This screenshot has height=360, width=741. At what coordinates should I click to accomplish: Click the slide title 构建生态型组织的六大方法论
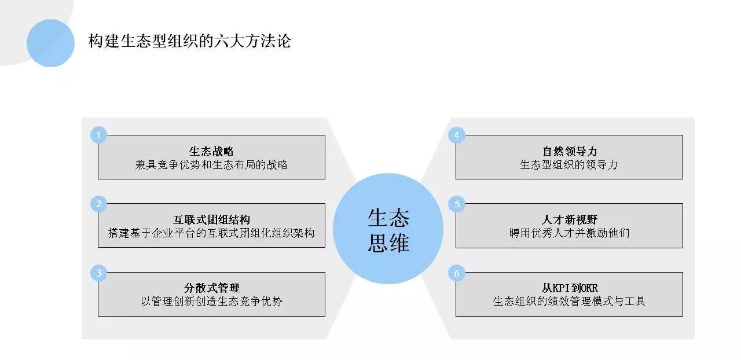pos(189,42)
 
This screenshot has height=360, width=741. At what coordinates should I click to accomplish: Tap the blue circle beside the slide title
pos(51,43)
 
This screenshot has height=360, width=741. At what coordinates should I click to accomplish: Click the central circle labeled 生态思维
pos(388,229)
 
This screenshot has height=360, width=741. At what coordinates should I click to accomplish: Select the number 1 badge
pos(99,135)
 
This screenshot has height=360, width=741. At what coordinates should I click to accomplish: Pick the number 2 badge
pos(99,204)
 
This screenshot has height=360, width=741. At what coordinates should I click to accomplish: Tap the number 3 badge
pos(99,273)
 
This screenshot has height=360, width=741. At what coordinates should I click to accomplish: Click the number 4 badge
pos(457,135)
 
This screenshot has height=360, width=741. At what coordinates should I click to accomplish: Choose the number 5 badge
pos(457,204)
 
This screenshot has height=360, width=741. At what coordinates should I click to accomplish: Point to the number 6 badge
pos(457,273)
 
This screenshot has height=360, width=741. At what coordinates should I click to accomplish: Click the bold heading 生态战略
pos(211,152)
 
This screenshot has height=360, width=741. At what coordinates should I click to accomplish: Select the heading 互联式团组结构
pos(211,220)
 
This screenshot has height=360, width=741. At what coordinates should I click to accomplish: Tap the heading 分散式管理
pos(211,288)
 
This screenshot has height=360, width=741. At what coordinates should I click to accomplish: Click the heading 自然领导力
pos(569,152)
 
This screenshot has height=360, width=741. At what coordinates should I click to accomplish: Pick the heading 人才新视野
pos(569,220)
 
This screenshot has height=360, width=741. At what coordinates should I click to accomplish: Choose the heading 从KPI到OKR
pos(569,288)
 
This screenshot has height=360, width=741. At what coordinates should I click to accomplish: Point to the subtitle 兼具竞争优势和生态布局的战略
pos(211,165)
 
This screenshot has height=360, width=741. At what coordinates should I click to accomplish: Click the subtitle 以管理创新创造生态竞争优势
pos(211,302)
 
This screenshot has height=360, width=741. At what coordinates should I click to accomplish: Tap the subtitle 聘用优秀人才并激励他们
pos(569,233)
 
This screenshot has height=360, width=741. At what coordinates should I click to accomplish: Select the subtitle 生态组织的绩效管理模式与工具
pos(569,302)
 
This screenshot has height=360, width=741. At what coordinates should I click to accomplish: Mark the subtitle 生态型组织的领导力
pos(569,165)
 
